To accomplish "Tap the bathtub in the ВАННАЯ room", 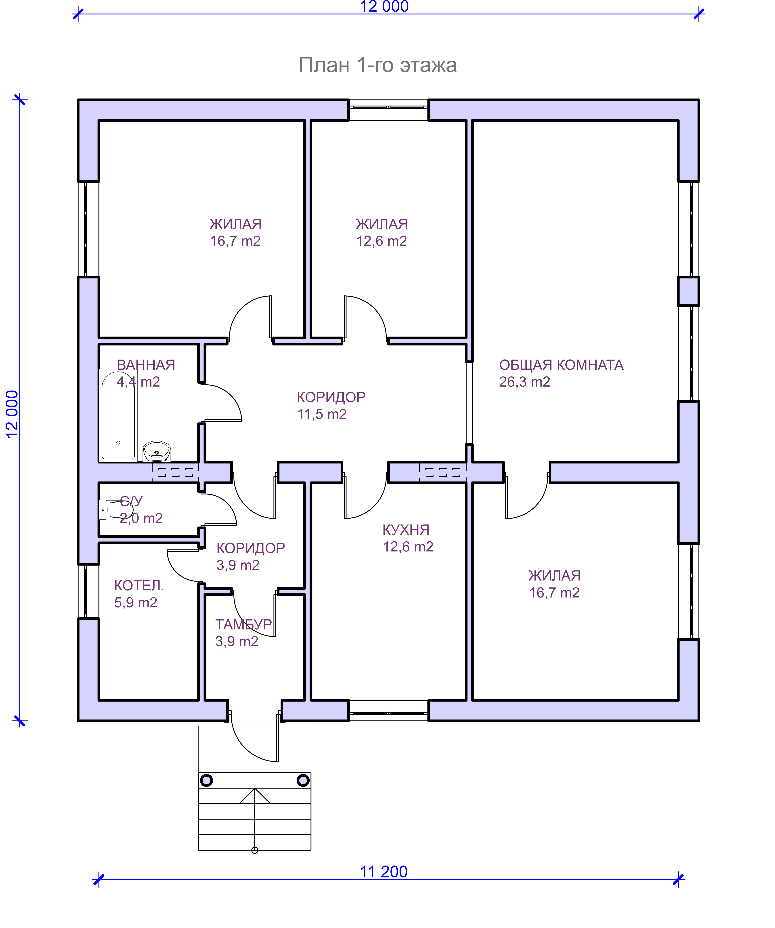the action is coord(118,415).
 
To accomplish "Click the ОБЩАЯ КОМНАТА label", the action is coord(561,365).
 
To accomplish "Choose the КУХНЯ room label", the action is coord(406,529).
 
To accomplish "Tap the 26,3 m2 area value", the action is coord(525,382).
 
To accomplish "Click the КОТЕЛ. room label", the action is coord(139,585).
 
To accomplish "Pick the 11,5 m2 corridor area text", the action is coord(322,414).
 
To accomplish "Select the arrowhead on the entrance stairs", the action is coord(255,795).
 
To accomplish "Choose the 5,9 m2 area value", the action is coord(136,602).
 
